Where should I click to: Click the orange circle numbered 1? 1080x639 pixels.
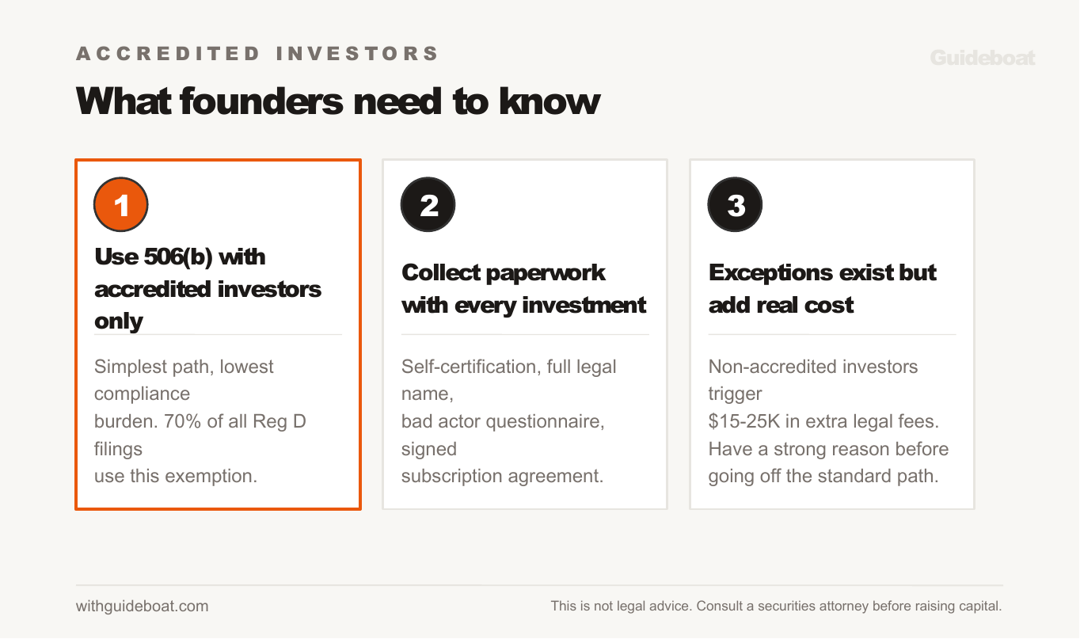[121, 205]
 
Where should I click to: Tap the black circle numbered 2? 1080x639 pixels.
[428, 205]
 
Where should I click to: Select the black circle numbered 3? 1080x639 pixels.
[736, 205]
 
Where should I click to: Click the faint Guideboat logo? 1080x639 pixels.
[982, 58]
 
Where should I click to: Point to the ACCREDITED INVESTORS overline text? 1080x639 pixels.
[257, 54]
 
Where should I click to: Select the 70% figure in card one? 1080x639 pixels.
[182, 421]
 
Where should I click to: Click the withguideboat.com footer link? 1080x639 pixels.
[143, 607]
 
